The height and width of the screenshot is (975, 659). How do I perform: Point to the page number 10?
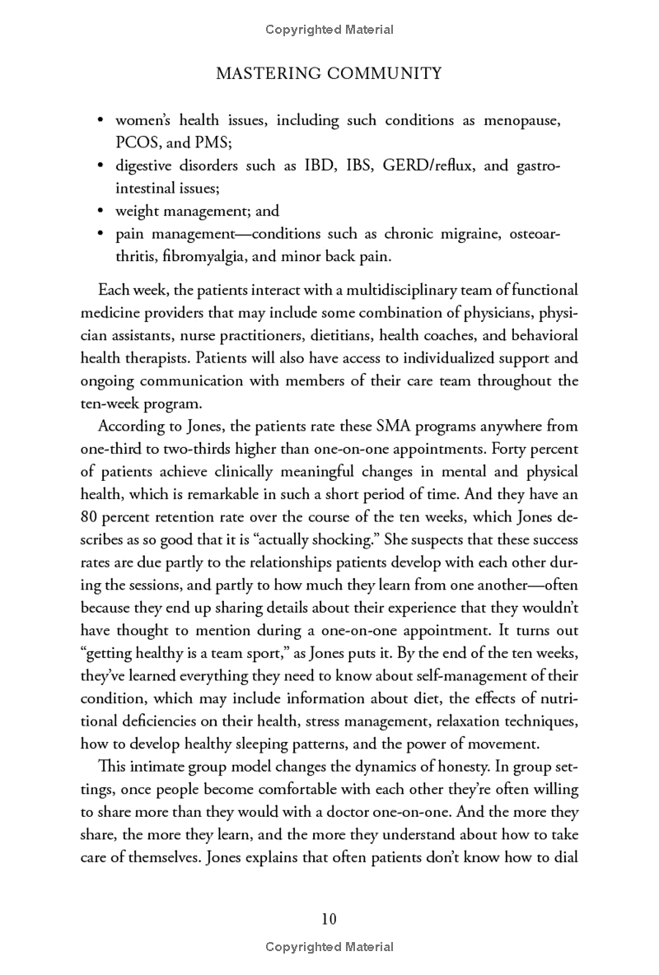329,919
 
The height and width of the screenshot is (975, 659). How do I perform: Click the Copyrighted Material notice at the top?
329,30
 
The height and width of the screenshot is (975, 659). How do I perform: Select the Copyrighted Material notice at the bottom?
329,947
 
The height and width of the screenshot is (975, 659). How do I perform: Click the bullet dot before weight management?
100,211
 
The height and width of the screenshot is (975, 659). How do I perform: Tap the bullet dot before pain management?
100,234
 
